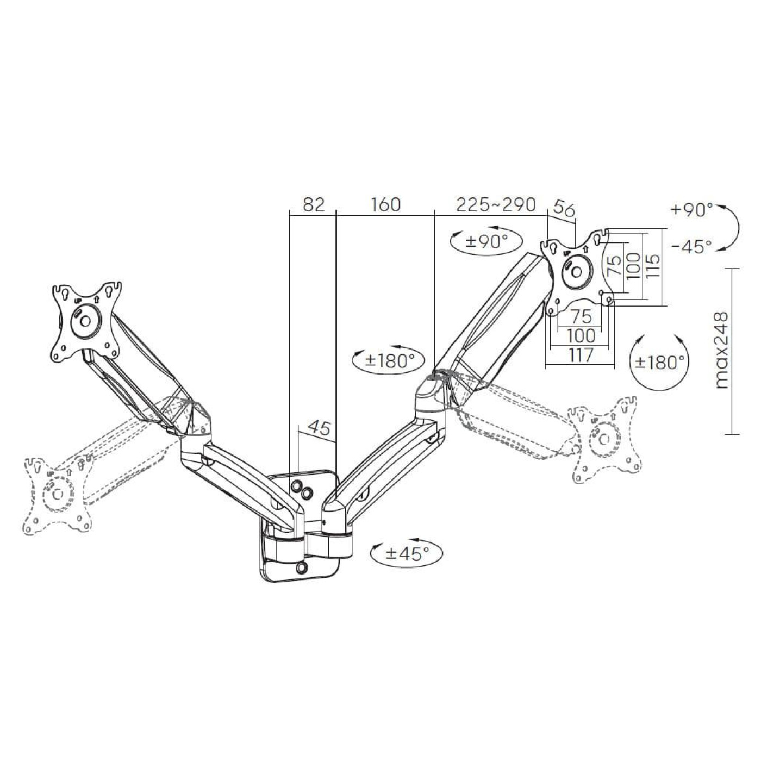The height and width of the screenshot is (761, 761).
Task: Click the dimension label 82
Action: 314,204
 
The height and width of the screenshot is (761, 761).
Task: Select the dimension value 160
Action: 385,204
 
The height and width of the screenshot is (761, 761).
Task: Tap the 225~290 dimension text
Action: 496,204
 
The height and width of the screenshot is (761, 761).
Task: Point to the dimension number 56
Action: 564,209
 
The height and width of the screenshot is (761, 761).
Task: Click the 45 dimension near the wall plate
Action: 319,428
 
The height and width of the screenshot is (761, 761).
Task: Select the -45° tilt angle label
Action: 691,247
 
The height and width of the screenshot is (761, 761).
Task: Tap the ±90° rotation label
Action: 486,241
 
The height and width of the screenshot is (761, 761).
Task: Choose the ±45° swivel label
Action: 407,553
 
